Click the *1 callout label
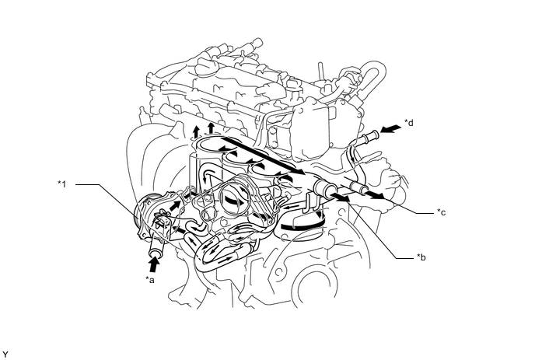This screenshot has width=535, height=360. [x=61, y=184]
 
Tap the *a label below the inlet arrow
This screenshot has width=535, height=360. [x=150, y=280]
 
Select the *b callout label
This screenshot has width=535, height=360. [x=421, y=257]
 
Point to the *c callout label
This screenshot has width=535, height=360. [x=442, y=212]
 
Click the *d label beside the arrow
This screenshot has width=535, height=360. [x=409, y=123]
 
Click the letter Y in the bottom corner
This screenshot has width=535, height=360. [x=5, y=355]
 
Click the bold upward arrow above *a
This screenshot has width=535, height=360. [x=154, y=264]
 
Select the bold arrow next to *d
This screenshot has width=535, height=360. [x=390, y=129]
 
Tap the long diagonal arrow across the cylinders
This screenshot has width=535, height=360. [x=263, y=156]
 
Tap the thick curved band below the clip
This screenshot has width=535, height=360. [x=302, y=225]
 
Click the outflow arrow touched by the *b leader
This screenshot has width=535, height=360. [x=341, y=197]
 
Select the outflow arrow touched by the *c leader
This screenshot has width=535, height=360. [x=374, y=194]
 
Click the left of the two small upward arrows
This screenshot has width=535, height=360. [x=196, y=131]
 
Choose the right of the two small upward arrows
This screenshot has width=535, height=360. [x=211, y=128]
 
